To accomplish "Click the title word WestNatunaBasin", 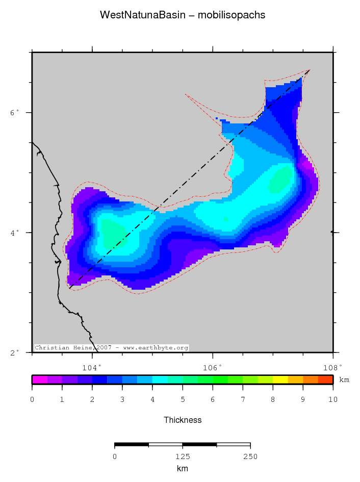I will click(x=135, y=15).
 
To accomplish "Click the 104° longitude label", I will click(x=92, y=366).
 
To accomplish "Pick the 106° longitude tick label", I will click(x=213, y=366).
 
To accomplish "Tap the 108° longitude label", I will click(x=333, y=366).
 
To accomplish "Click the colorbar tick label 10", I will click(x=333, y=400).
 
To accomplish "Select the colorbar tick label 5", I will click(x=183, y=400).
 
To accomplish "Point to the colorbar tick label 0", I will click(x=32, y=400).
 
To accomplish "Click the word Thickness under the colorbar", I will click(x=183, y=420).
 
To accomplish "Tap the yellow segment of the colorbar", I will click(x=280, y=379).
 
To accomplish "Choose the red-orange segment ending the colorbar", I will click(x=325, y=379).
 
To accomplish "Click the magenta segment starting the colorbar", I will click(x=39, y=379).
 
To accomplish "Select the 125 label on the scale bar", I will click(x=183, y=456).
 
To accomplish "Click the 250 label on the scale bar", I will click(x=250, y=456).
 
